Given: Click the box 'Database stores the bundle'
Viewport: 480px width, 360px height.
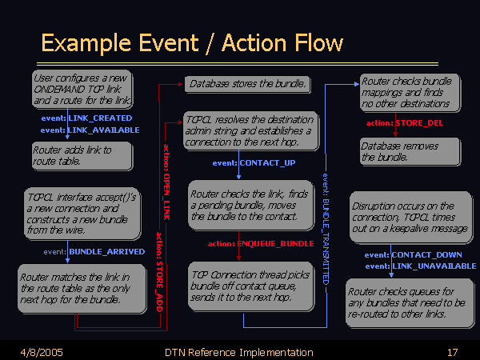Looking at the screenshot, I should tap(246, 83).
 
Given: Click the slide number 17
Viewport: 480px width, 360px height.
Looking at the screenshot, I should tap(452, 352).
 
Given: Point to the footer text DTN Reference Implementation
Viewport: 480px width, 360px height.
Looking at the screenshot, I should tap(238, 352).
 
